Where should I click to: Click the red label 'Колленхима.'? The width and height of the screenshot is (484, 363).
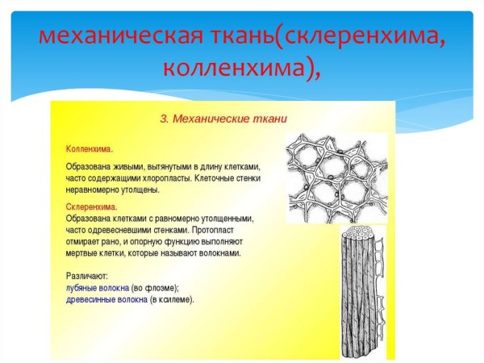coord(89,149)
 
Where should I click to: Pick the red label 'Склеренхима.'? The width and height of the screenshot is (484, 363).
coord(90,207)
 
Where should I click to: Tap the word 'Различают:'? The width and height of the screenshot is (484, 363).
coord(87,275)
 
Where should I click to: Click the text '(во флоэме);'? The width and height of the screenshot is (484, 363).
coord(156,286)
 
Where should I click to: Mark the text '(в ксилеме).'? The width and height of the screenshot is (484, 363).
coord(173,298)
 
